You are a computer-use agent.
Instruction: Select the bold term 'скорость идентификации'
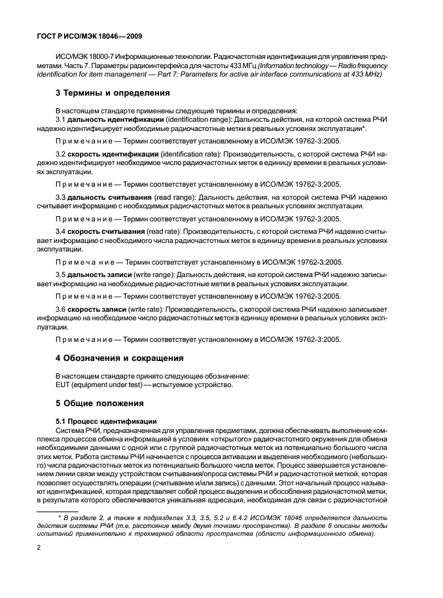tap(107, 153)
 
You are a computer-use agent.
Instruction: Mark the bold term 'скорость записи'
tap(93, 309)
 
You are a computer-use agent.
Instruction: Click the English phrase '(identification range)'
tap(183, 122)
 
